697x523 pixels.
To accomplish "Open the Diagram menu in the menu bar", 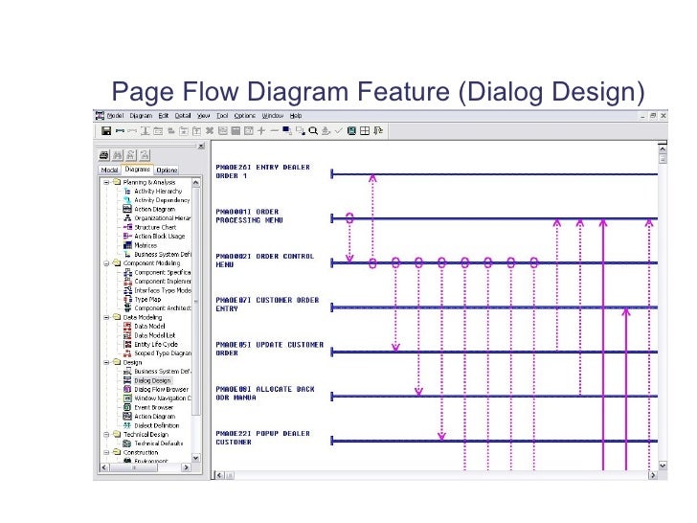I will click(x=142, y=115).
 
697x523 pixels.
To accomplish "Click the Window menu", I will click(x=274, y=115).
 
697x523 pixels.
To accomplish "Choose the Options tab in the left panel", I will click(x=167, y=170).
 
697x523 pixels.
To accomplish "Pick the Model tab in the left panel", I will click(x=109, y=170).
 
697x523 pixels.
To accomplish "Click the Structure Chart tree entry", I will click(x=154, y=227).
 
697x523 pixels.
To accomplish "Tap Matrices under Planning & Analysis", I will click(x=146, y=245).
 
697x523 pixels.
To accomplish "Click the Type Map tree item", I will click(x=146, y=299).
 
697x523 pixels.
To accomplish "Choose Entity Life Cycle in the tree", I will click(x=155, y=344).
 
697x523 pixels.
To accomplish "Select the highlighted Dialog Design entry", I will click(x=152, y=380).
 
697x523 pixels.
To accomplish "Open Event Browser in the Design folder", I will click(x=154, y=407).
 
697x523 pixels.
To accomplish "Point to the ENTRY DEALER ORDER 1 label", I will click(x=262, y=171).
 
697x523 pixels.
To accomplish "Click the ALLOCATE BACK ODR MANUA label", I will click(x=266, y=393).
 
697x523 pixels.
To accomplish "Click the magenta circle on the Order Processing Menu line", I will click(x=349, y=217).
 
